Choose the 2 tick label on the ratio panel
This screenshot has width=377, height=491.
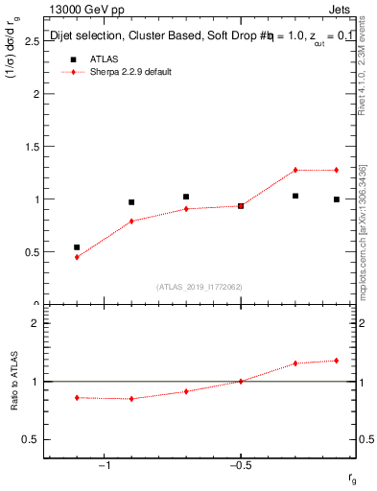35,323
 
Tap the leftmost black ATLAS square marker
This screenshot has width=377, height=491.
77,246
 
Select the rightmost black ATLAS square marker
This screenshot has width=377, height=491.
337,199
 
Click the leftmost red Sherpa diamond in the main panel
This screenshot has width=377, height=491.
77,257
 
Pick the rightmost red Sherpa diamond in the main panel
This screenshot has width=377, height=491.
337,170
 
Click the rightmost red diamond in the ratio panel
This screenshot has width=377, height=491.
337,361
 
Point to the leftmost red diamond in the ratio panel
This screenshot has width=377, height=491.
77,397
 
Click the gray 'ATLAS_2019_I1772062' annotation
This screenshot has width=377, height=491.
200,287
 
